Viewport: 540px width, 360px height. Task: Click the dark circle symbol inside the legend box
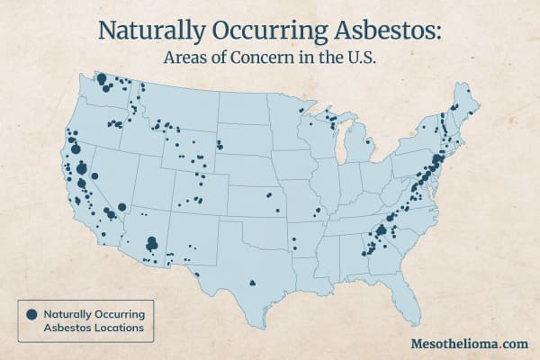[31, 314]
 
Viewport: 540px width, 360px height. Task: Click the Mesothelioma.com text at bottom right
[467, 344]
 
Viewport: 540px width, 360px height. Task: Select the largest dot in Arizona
[152, 241]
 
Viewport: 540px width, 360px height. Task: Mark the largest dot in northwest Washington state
[102, 79]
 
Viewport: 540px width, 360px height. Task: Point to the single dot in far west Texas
[196, 274]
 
